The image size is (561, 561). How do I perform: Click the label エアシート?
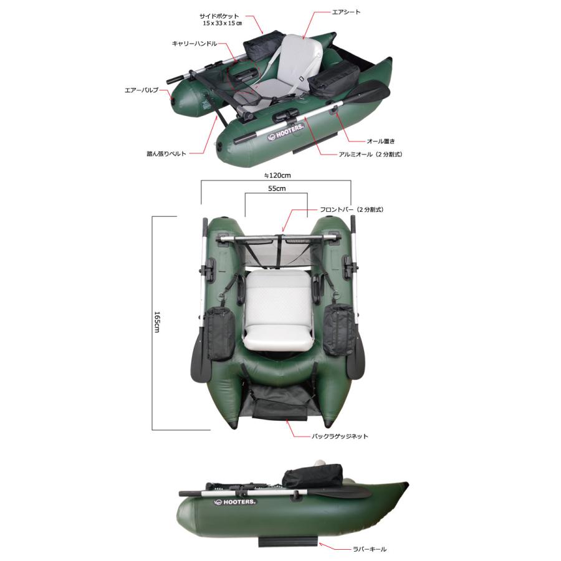[x=346, y=12]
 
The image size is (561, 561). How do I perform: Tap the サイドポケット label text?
[x=219, y=16]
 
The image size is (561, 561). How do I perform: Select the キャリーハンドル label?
[x=194, y=44]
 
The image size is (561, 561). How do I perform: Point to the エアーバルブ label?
[x=141, y=90]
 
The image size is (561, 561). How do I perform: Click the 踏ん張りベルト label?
[x=166, y=154]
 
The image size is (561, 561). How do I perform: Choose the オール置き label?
[x=381, y=141]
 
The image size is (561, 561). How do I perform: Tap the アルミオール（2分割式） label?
[x=370, y=155]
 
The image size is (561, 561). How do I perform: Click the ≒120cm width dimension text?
[x=277, y=175]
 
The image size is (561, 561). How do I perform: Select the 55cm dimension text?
[x=277, y=188]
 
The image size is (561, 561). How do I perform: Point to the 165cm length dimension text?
[x=157, y=322]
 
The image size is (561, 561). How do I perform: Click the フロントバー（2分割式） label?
[x=352, y=209]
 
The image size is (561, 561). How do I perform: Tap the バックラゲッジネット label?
[x=340, y=436]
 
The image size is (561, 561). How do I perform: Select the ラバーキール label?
[x=370, y=549]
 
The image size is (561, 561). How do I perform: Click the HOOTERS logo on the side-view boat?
[x=235, y=502]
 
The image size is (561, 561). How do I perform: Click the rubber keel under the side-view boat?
[x=288, y=540]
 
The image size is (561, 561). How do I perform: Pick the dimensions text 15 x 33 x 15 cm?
[x=222, y=23]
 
